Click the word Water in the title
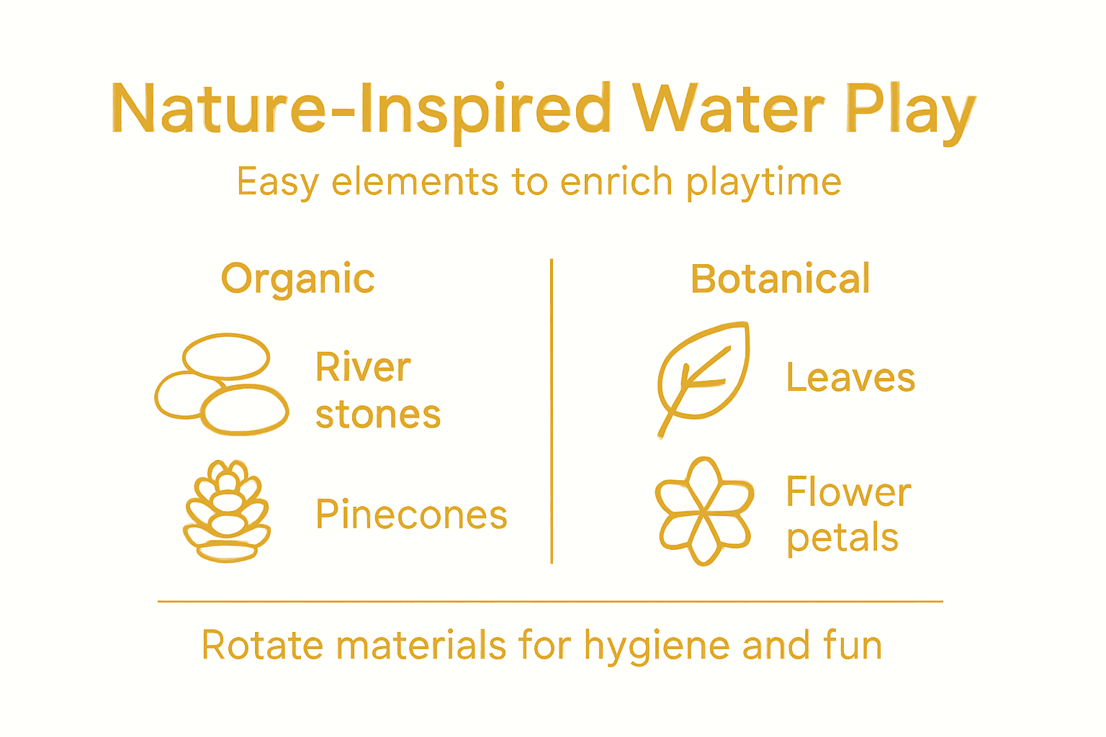point(727,109)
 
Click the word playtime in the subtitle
point(763,181)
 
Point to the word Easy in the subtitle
point(277,181)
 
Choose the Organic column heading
point(297,279)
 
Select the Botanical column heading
point(780,279)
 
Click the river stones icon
point(221,384)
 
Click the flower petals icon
point(704,511)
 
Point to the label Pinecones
point(411,515)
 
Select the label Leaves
point(850,378)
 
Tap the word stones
point(378,415)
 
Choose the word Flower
point(848,492)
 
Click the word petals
point(842,538)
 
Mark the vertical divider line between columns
point(552,410)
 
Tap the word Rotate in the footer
point(262,645)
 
